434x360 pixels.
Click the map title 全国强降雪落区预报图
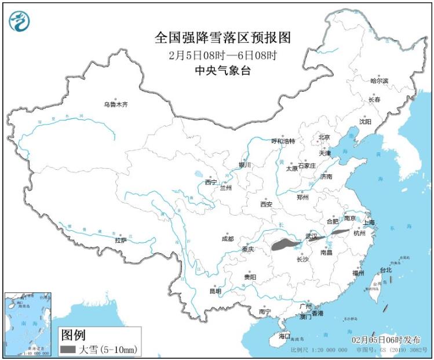(x=223, y=38)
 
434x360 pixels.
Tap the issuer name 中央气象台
(x=223, y=71)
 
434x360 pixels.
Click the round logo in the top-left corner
(x=20, y=21)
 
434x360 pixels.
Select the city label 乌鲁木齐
(x=115, y=105)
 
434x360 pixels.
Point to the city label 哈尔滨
(x=379, y=81)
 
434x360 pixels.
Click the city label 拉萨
(x=121, y=240)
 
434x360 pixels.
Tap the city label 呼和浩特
(x=283, y=141)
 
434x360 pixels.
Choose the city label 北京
(x=323, y=137)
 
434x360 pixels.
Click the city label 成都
(x=227, y=238)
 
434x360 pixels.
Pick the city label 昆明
(x=215, y=291)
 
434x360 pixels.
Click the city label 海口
(x=283, y=336)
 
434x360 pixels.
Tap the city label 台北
(x=385, y=270)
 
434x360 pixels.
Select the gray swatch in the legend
(x=67, y=349)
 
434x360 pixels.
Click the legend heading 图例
(x=74, y=335)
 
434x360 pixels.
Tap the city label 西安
(x=266, y=204)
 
